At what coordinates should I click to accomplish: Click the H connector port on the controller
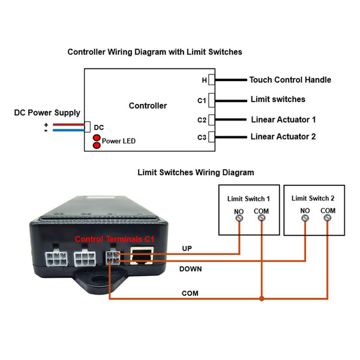[x=211, y=80]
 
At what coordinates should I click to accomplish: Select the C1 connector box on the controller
[x=211, y=100]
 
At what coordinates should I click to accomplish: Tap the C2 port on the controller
[x=211, y=120]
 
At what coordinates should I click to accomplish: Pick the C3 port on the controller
[x=211, y=137]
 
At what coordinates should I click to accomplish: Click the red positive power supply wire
[x=68, y=125]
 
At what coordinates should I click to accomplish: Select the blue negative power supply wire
[x=68, y=130]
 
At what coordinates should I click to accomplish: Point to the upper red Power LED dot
[x=97, y=138]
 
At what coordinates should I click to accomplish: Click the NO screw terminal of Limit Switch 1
[x=239, y=218]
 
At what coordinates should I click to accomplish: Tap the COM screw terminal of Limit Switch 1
[x=262, y=218]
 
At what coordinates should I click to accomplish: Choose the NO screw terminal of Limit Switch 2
[x=305, y=218]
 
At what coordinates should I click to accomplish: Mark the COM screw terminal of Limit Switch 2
[x=327, y=217]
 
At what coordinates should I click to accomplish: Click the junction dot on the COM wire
[x=262, y=298]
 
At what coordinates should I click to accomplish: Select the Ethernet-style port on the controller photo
[x=142, y=256]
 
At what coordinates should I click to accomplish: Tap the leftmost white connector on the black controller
[x=56, y=258]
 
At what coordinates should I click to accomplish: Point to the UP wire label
[x=187, y=248]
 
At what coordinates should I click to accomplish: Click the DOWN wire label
[x=191, y=269]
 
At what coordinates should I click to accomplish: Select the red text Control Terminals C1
[x=115, y=239]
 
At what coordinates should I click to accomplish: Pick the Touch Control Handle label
[x=290, y=80]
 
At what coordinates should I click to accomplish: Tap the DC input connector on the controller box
[x=88, y=127]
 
